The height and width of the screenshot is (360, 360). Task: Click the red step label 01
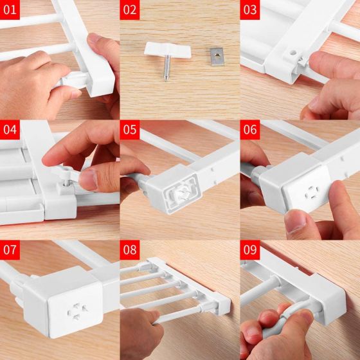click(10, 10)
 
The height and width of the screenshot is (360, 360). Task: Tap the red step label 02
click(130, 10)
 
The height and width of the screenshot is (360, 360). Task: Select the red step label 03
click(250, 10)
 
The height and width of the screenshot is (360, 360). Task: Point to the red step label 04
click(10, 129)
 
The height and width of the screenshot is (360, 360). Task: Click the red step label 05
click(130, 129)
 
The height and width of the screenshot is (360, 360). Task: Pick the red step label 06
click(250, 129)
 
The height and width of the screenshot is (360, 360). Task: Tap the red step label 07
click(10, 250)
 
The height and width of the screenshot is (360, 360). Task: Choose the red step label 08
click(130, 250)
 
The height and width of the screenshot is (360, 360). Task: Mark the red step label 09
click(250, 250)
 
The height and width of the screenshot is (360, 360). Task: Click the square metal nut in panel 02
click(217, 57)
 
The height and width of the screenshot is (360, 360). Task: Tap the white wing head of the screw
click(168, 50)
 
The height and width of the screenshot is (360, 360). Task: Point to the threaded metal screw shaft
click(166, 68)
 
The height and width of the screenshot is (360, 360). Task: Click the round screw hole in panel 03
click(292, 53)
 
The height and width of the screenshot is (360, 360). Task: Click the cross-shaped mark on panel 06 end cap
click(311, 192)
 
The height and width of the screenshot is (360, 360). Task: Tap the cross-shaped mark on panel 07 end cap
click(77, 311)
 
